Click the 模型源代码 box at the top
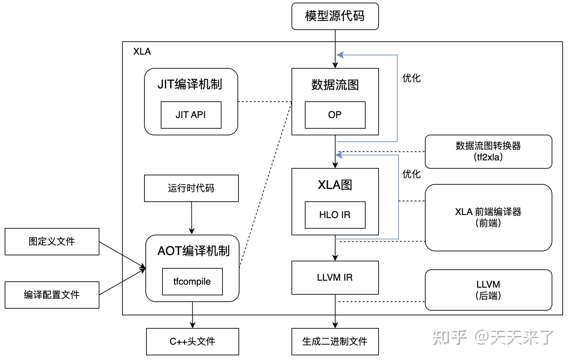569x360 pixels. (335, 16)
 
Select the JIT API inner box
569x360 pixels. (191, 115)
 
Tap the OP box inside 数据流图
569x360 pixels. (335, 115)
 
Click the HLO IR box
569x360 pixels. (335, 215)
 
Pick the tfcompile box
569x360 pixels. (192, 282)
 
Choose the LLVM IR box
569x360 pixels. (335, 278)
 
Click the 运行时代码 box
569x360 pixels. (191, 188)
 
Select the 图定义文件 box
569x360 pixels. (52, 242)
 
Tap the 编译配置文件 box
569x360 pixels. (52, 295)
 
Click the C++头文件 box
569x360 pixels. (192, 342)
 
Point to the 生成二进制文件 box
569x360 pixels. (335, 342)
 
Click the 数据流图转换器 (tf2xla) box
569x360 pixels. (488, 152)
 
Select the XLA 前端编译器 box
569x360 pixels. (488, 217)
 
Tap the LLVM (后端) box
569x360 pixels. (488, 290)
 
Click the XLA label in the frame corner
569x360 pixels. (142, 52)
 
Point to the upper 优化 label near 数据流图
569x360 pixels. (411, 78)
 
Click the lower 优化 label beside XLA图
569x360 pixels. (411, 174)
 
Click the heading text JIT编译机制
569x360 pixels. (190, 84)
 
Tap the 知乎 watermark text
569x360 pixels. (450, 337)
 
